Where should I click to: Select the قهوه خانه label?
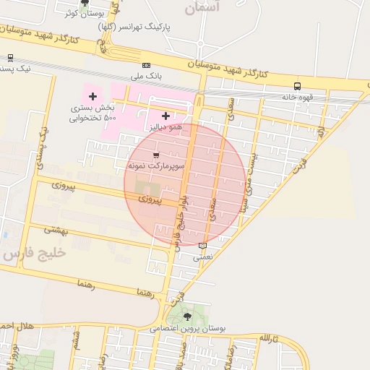click(296, 96)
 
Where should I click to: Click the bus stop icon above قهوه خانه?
click(297, 86)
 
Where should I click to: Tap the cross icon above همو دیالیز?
click(166, 115)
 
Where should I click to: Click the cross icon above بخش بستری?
click(92, 96)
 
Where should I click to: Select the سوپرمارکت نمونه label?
click(157, 165)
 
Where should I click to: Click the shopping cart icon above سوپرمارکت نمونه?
click(157, 155)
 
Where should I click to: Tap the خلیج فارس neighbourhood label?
click(34, 254)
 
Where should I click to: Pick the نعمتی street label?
click(203, 256)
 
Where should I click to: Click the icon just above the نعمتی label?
click(202, 246)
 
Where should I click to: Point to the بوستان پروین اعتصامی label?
click(189, 327)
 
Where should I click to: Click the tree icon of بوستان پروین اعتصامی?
click(189, 317)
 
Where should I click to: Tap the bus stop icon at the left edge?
click(9, 58)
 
